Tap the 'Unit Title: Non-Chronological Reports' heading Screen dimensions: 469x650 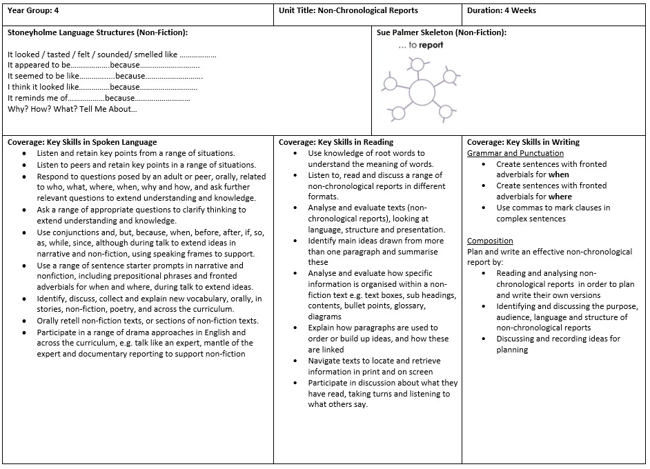tap(348, 10)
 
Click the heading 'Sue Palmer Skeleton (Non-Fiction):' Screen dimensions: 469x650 tap(442, 32)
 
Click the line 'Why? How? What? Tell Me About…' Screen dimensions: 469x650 tap(72, 109)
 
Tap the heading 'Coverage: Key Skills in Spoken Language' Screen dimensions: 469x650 tap(82, 142)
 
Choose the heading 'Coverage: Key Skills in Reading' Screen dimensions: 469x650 tap(336, 142)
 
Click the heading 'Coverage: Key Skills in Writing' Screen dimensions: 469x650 tap(523, 142)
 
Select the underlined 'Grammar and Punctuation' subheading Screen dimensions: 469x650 tap(515, 153)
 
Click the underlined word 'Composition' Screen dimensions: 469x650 tap(490, 241)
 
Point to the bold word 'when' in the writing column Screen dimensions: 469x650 tap(559, 175)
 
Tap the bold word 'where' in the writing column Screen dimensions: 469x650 tap(560, 197)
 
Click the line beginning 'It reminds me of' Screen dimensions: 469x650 tap(99, 98)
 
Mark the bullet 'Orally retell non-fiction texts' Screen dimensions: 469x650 tap(148, 321)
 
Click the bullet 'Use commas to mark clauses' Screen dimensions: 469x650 tap(553, 208)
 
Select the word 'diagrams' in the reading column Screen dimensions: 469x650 tap(325, 317)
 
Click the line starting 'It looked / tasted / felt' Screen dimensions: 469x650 tap(112, 54)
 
